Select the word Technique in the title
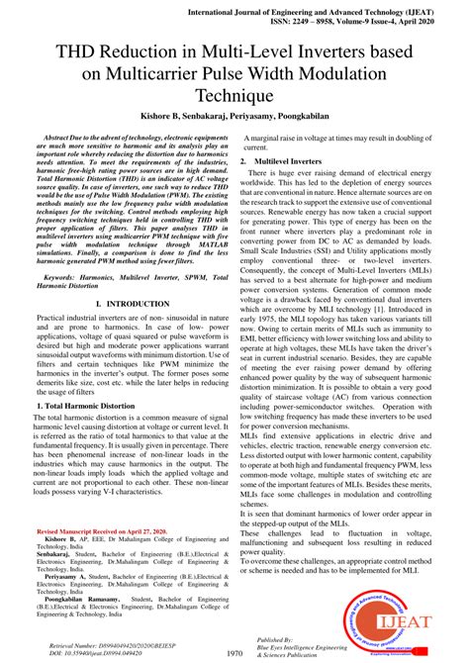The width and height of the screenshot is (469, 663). pyautogui.click(x=234, y=95)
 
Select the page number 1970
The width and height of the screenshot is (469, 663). pyautogui.click(x=234, y=653)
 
